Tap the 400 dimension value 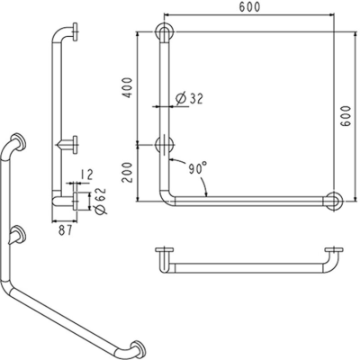coord(128,88)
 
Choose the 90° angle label coord(197,167)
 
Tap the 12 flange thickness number coord(85,175)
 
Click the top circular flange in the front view coord(163,33)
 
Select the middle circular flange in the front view coord(163,143)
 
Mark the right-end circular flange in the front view coord(335,199)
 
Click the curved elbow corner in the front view coord(168,193)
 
